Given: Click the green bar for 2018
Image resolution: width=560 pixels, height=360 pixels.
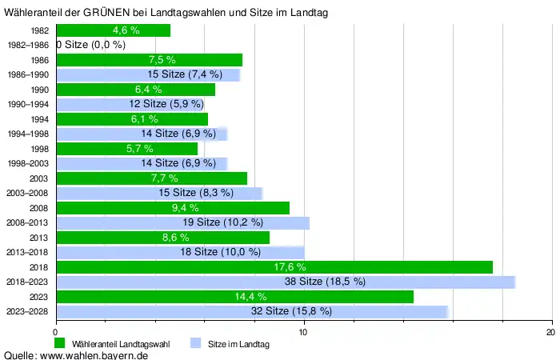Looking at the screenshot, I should (274, 267).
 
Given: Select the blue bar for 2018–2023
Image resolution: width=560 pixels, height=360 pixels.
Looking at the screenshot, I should (286, 282).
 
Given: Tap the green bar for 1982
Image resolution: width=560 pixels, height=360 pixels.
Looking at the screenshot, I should (113, 30).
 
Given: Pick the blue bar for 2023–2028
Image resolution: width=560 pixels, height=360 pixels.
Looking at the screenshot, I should (252, 311).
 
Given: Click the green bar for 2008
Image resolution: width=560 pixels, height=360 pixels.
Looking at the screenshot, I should (173, 208).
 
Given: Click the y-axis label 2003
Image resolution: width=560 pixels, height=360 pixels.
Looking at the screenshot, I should (38, 178).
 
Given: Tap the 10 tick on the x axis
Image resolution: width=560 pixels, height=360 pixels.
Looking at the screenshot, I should (304, 333).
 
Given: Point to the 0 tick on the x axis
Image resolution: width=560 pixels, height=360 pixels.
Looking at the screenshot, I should (56, 333).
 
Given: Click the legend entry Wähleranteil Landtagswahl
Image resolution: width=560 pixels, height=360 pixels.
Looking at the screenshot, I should (121, 344).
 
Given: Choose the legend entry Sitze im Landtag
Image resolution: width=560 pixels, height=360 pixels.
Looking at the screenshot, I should (238, 344).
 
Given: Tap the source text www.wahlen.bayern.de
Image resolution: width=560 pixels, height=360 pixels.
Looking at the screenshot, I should (94, 354).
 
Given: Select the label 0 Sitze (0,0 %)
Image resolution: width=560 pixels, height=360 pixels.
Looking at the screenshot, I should (91, 45).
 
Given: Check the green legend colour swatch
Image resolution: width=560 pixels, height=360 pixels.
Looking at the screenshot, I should (60, 344).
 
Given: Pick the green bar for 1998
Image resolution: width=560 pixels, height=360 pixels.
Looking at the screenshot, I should (126, 149).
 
